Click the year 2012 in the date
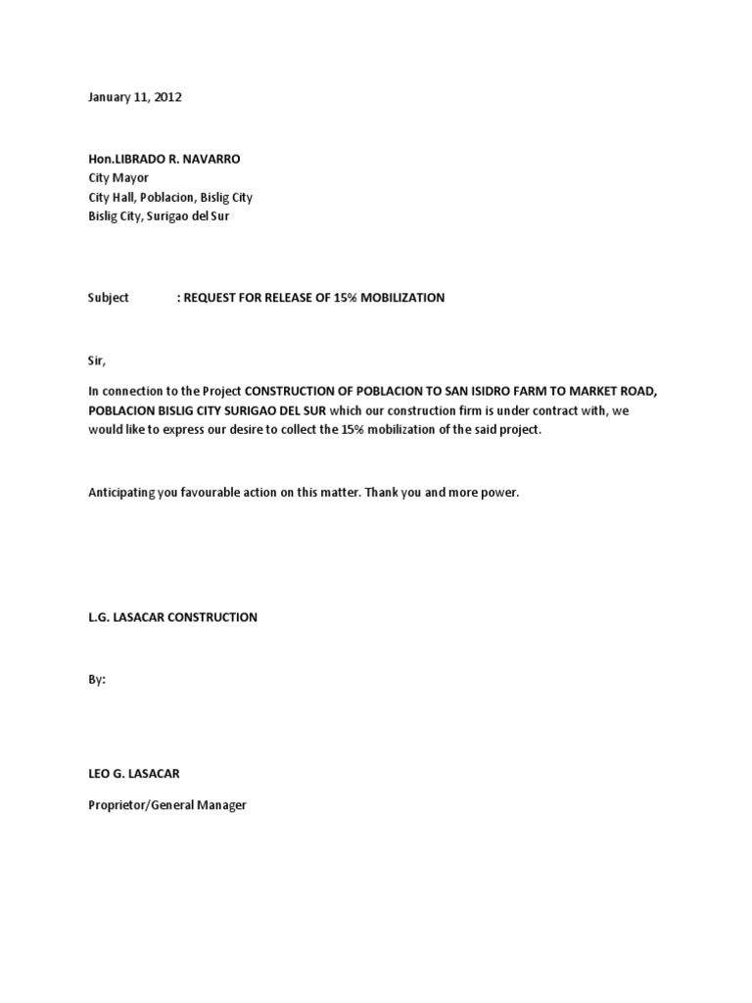166,97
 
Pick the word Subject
108,297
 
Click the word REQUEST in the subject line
211,297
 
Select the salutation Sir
96,360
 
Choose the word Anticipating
122,493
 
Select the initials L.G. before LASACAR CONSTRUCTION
99,617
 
